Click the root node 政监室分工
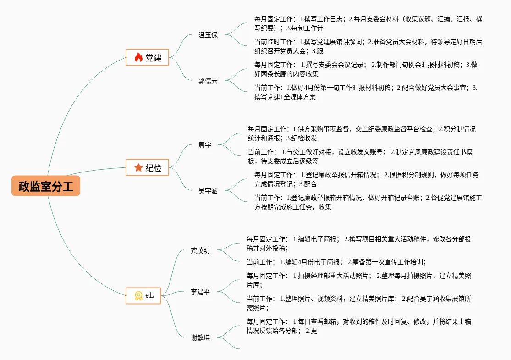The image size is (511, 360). click(x=46, y=186)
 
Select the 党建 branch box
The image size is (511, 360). click(x=148, y=57)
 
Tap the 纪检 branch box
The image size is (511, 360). click(x=148, y=168)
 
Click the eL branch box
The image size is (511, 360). click(x=144, y=295)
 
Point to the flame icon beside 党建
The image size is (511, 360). click(x=138, y=58)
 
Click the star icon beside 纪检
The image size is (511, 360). click(x=138, y=168)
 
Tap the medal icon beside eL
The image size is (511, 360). click(x=138, y=296)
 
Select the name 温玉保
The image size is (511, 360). click(x=208, y=35)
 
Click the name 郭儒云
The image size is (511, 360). click(x=208, y=81)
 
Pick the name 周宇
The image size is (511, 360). click(x=205, y=145)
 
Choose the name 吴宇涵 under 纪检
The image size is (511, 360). click(x=208, y=191)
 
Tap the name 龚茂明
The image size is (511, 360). click(x=201, y=250)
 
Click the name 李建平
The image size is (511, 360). click(x=201, y=292)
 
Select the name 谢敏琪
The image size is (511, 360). click(x=201, y=338)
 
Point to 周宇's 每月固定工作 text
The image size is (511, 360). click(x=362, y=133)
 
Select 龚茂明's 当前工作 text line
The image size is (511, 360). click(x=336, y=262)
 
